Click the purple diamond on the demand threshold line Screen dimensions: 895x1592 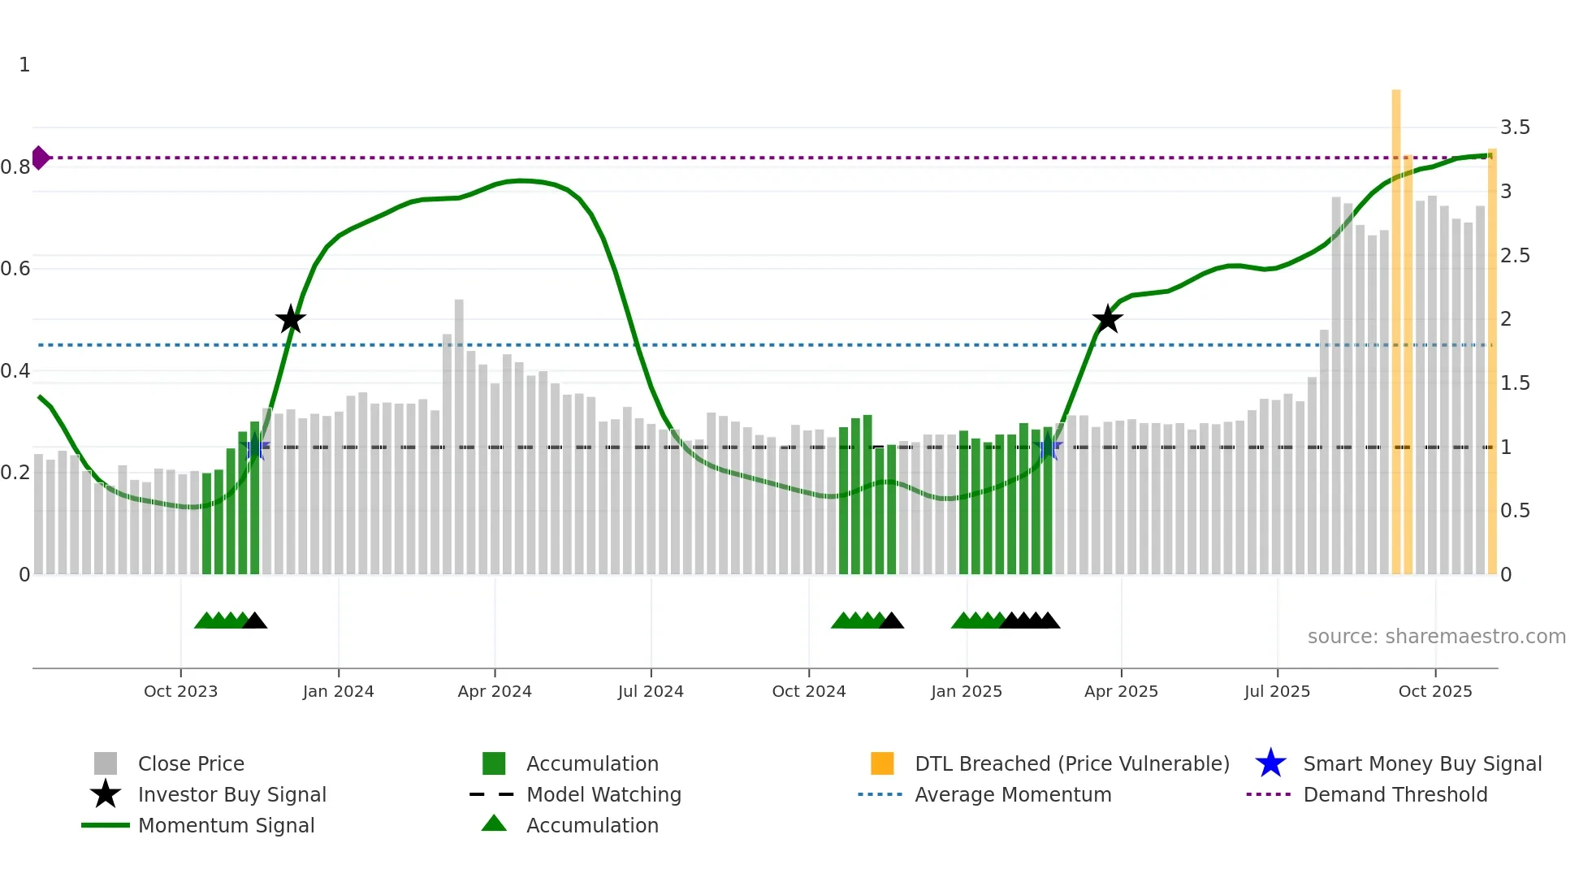point(40,158)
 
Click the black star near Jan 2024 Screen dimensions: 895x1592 point(290,319)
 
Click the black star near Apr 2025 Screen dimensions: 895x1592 point(1107,319)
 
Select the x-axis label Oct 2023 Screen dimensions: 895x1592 point(180,691)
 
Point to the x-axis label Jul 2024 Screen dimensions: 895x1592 point(651,691)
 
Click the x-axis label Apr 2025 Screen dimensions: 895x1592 point(1121,691)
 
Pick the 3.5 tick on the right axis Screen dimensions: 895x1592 point(1515,128)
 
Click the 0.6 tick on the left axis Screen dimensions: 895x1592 point(15,269)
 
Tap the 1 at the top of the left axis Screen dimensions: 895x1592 point(24,65)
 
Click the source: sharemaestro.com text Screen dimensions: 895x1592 point(1436,637)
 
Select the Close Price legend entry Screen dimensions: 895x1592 point(191,763)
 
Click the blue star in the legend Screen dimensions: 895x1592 point(1270,763)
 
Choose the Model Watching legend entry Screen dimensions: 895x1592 point(603,794)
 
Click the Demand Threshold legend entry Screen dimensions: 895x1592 point(1395,794)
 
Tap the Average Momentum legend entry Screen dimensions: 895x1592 point(1012,794)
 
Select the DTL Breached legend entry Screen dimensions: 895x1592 point(1071,763)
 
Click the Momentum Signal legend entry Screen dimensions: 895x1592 point(226,825)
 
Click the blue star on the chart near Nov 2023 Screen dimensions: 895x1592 point(255,447)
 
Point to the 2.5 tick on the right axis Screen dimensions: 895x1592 point(1515,256)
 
